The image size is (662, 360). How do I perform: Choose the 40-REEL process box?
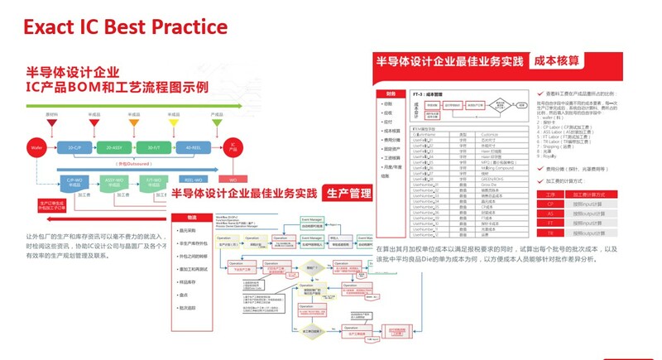coord(193,146)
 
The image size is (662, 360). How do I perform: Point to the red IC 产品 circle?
coord(234,146)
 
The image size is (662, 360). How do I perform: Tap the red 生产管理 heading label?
coord(348,193)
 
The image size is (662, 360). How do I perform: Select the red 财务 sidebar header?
coord(391,94)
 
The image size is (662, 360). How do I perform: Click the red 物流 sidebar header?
coord(193,217)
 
